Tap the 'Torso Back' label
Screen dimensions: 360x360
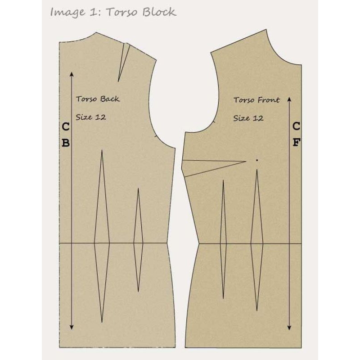pos(98,99)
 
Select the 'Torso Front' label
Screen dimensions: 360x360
pos(256,100)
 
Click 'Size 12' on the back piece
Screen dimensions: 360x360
pos(91,117)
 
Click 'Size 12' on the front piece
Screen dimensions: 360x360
pos(248,118)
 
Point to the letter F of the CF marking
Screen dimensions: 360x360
pos(296,143)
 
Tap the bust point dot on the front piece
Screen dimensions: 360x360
pos(256,160)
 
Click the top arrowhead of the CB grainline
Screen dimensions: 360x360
pos(72,73)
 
